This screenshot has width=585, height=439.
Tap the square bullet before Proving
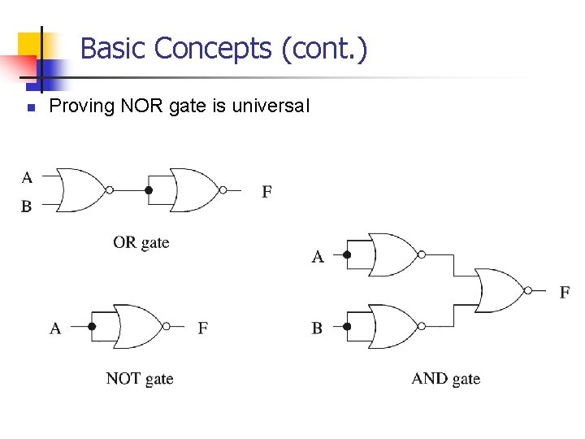[x=29, y=107]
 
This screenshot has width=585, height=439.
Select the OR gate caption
[x=141, y=242]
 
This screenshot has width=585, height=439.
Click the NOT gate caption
[x=140, y=378]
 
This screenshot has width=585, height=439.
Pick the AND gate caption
[x=446, y=378]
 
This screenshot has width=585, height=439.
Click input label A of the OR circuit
[x=28, y=177]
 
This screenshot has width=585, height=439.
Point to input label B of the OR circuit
[x=27, y=207]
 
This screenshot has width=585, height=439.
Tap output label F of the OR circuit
[x=266, y=193]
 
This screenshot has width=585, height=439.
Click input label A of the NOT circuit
[x=55, y=328]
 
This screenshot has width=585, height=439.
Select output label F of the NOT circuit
[x=202, y=328]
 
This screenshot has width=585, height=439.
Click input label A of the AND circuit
[x=318, y=257]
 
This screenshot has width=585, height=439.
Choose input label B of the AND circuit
[x=317, y=328]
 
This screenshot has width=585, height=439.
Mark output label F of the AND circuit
[x=565, y=292]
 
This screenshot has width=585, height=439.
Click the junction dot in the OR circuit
[x=148, y=191]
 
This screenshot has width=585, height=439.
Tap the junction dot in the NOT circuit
[x=92, y=327]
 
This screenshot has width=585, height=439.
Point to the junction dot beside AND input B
[x=347, y=327]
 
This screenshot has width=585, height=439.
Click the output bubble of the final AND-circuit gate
[x=528, y=290]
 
